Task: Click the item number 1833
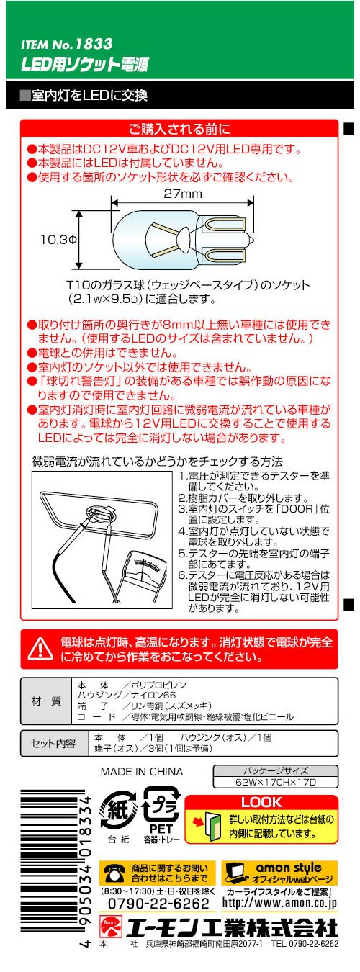(x=94, y=44)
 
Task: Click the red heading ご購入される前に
(x=179, y=129)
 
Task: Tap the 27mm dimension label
(x=183, y=194)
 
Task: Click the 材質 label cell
(x=46, y=701)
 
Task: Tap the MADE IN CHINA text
(x=142, y=772)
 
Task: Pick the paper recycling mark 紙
(x=118, y=810)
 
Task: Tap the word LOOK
(x=261, y=802)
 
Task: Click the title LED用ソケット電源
(x=85, y=64)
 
